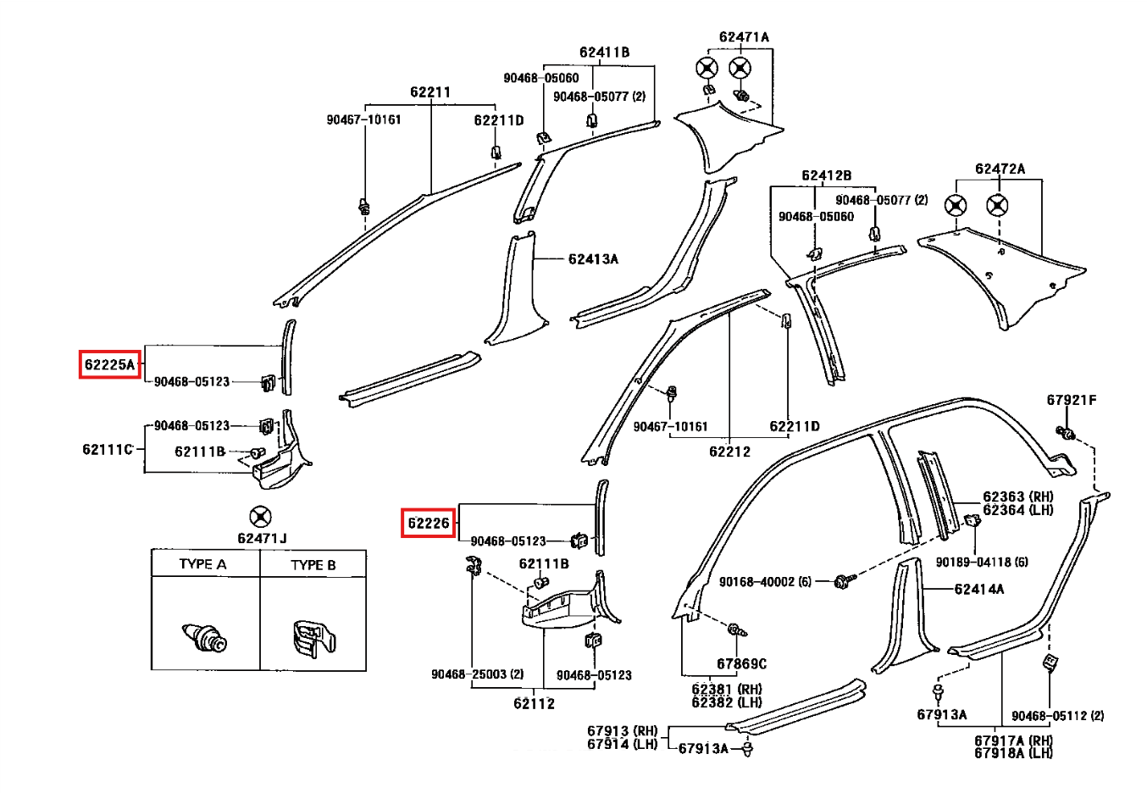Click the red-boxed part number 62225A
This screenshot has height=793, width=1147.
[x=109, y=364]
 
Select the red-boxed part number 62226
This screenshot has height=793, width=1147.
[x=428, y=523]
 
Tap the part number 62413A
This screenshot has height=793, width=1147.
[x=593, y=259]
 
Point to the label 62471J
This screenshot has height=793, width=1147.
[x=262, y=538]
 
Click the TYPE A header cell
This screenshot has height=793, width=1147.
[x=205, y=563]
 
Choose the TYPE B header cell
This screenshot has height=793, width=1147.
[x=313, y=564]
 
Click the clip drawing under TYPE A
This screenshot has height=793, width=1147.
[x=204, y=637]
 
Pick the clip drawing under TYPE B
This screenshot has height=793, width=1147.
[x=313, y=639]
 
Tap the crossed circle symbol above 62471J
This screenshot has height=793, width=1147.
[x=260, y=516]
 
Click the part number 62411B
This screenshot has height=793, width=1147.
[x=604, y=53]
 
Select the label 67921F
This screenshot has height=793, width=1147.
[x=1072, y=400]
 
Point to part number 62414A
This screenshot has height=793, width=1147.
[x=978, y=589]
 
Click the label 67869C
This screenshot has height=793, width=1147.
[x=741, y=664]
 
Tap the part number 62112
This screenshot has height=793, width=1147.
[x=534, y=704]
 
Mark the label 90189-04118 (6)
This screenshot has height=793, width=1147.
[x=982, y=562]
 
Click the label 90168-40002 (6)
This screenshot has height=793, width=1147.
[x=765, y=582]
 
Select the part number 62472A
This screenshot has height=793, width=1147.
[x=1000, y=169]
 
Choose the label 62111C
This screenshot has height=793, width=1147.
[x=108, y=449]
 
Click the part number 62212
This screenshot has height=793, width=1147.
[x=729, y=452]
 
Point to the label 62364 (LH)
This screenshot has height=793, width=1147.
[x=1018, y=510]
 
